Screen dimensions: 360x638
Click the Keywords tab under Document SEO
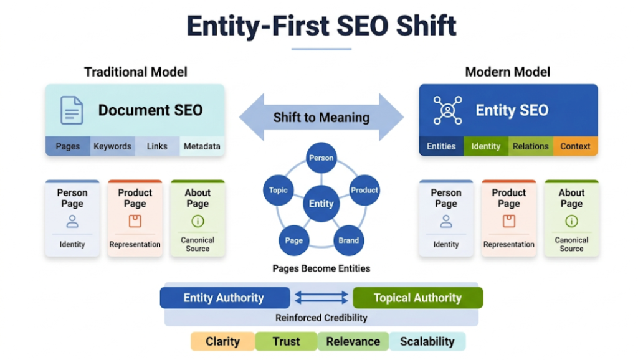[112, 146]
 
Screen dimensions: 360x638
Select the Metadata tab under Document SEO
[202, 146]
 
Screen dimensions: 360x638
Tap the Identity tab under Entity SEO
[485, 146]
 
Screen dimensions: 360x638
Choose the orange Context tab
[575, 146]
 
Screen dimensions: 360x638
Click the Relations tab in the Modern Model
[530, 146]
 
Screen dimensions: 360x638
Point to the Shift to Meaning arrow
[321, 117]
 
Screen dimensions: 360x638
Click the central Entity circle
[321, 204]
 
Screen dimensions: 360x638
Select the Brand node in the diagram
[349, 240]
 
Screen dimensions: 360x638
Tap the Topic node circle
[278, 190]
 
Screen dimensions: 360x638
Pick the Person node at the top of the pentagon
[321, 158]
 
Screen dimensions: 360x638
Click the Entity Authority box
[224, 298]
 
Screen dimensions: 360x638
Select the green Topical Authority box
[417, 298]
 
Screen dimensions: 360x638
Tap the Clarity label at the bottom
[222, 341]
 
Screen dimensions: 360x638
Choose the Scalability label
[427, 341]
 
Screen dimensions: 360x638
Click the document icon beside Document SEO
[72, 111]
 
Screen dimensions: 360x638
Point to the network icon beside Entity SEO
[447, 111]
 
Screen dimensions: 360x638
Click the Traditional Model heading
[136, 72]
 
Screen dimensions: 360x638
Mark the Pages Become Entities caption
[321, 268]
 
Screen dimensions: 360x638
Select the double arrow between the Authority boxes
[321, 298]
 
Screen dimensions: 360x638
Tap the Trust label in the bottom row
[286, 341]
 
